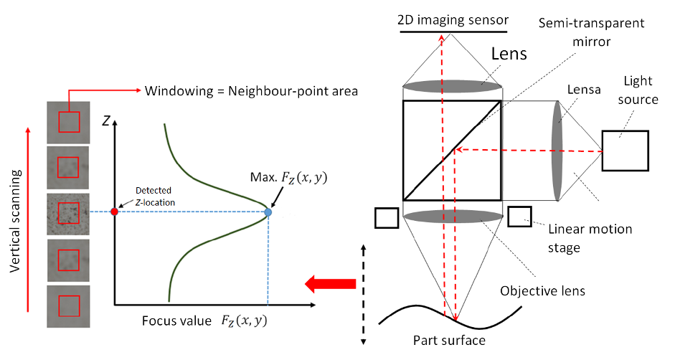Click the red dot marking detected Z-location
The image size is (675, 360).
pyautogui.click(x=114, y=212)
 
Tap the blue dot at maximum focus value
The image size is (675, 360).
pyautogui.click(x=268, y=212)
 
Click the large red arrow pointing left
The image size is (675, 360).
pyautogui.click(x=331, y=285)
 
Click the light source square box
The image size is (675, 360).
pyautogui.click(x=624, y=151)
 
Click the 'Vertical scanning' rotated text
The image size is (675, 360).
pyautogui.click(x=14, y=221)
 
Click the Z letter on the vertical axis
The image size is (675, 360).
pyautogui.click(x=105, y=120)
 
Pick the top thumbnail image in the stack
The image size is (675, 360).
pyautogui.click(x=67, y=121)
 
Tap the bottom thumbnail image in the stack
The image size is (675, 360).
pyautogui.click(x=67, y=306)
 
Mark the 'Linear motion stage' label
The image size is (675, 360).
pyautogui.click(x=590, y=238)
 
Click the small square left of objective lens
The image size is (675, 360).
pyautogui.click(x=386, y=218)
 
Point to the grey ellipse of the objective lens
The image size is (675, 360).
pyautogui.click(x=452, y=217)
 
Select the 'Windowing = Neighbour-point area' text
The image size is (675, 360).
pyautogui.click(x=252, y=92)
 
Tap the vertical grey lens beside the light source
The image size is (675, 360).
pyautogui.click(x=557, y=151)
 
